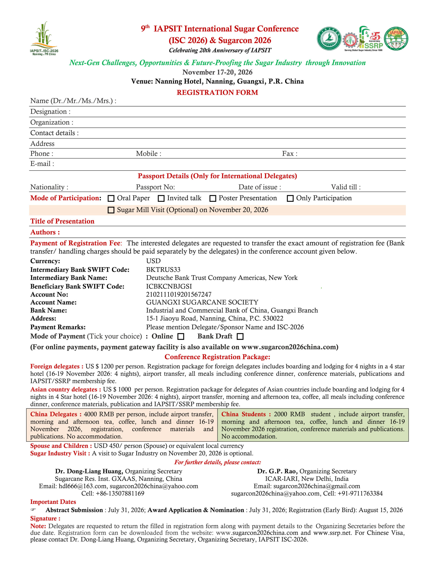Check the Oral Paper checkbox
(111, 198)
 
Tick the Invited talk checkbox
(161, 198)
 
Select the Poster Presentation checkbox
(213, 198)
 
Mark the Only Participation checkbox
(290, 198)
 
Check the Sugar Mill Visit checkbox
(111, 210)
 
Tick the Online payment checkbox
(181, 336)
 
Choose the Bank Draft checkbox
(240, 336)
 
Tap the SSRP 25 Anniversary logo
(371, 39)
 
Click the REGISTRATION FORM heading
(217, 93)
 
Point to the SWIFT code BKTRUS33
(163, 270)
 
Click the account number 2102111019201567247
(179, 294)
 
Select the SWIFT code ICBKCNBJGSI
(169, 286)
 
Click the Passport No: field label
(155, 187)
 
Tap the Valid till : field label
(346, 187)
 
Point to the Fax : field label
(290, 154)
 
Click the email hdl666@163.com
(82, 486)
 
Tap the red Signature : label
(45, 518)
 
